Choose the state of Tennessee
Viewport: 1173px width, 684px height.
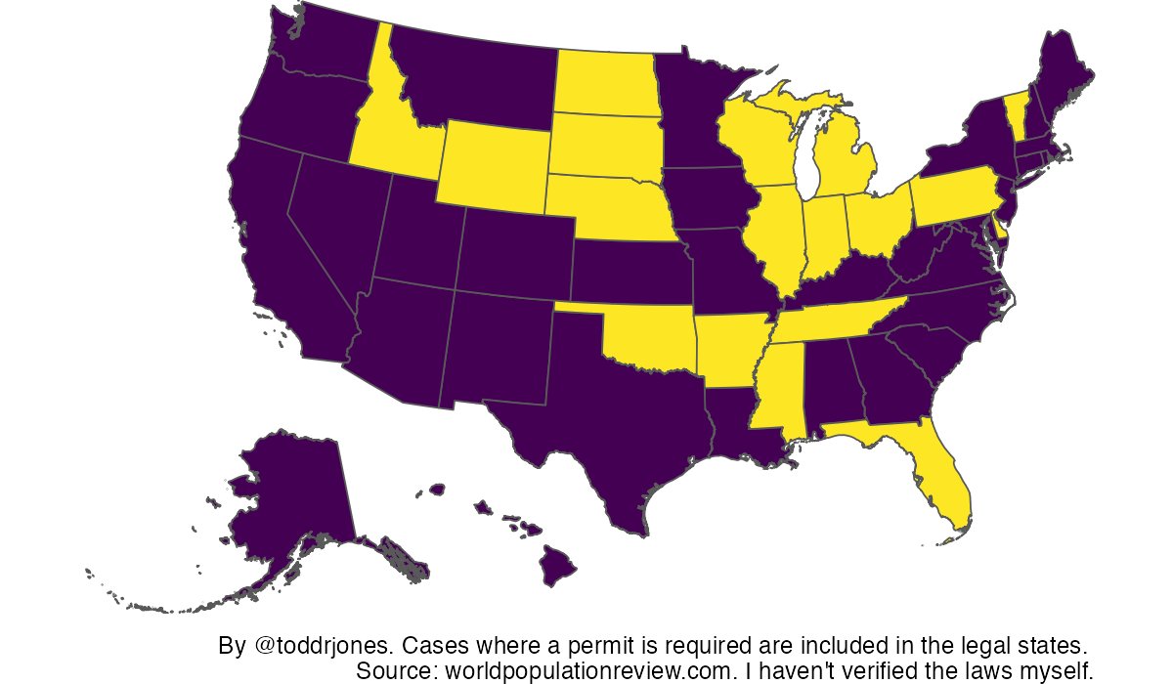pos(831,322)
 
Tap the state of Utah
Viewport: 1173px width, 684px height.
pos(415,244)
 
